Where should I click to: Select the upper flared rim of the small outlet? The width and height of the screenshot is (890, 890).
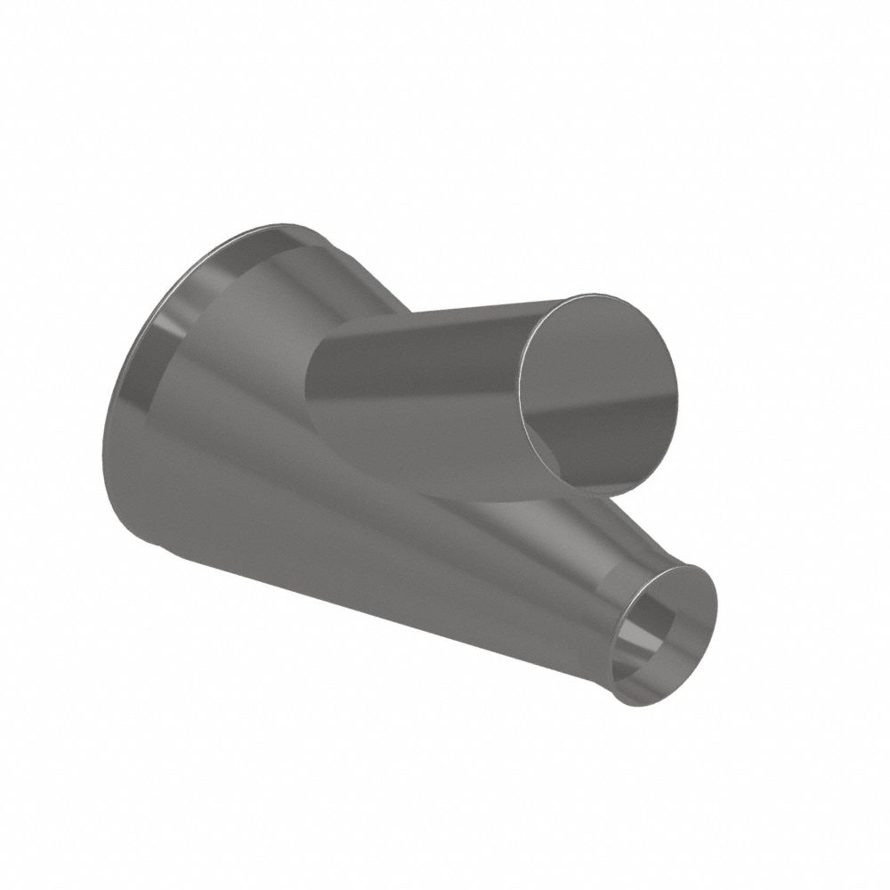click(x=685, y=570)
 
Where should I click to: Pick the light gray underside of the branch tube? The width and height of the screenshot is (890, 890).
click(x=418, y=445)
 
